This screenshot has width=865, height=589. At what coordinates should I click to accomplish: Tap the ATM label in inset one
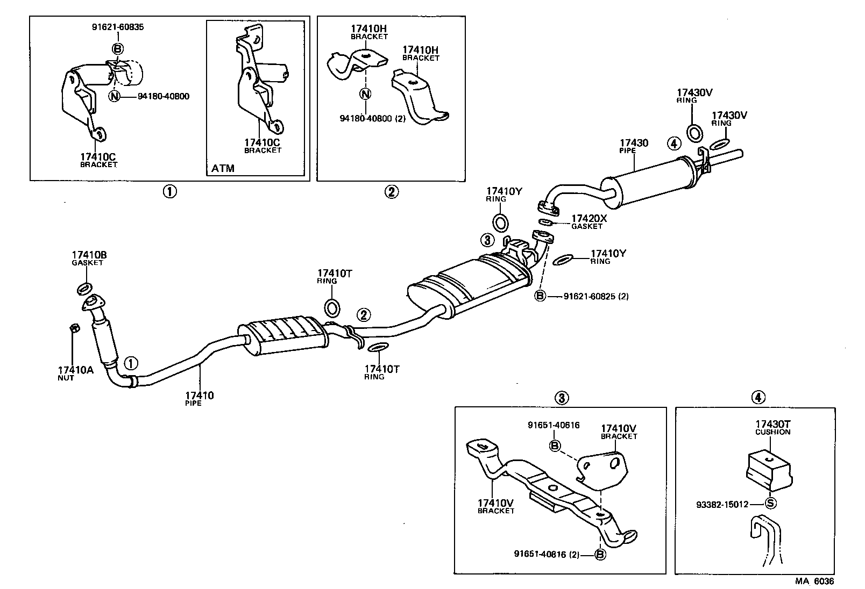click(x=223, y=168)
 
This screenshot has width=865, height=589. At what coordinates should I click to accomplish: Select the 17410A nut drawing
click(x=75, y=328)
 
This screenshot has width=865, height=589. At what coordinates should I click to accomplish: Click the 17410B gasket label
click(x=89, y=257)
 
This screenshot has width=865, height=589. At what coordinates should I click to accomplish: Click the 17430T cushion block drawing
click(x=769, y=466)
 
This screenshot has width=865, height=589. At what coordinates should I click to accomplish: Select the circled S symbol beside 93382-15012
click(x=770, y=504)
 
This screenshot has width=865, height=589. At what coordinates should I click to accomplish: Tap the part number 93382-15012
click(x=722, y=504)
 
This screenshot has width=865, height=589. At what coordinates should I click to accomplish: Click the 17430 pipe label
click(x=634, y=146)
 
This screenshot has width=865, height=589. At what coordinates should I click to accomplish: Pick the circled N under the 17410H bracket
click(x=365, y=94)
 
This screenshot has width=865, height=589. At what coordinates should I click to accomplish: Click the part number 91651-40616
click(x=554, y=425)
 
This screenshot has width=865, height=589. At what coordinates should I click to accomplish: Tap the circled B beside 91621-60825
click(x=540, y=296)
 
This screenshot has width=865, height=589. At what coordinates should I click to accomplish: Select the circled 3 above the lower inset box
click(x=561, y=398)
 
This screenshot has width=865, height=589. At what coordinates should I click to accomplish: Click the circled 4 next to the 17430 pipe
click(x=674, y=143)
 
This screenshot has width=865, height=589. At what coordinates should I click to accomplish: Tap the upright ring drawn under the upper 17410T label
click(x=332, y=308)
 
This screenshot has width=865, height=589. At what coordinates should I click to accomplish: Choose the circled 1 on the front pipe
click(x=131, y=364)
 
